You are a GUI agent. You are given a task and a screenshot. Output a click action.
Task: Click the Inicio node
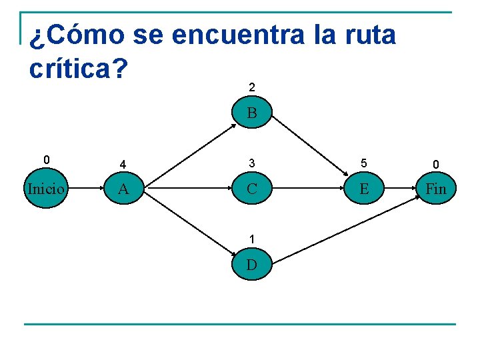(x=46, y=189)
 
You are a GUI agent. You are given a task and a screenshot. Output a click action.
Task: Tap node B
(x=251, y=113)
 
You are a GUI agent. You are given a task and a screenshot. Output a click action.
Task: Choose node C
(x=251, y=189)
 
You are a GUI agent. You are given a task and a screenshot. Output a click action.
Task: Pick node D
(x=251, y=265)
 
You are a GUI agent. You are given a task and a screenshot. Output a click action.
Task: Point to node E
(x=363, y=189)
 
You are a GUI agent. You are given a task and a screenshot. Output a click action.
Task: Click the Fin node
(x=435, y=189)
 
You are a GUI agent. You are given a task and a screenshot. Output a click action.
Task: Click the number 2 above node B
(x=251, y=87)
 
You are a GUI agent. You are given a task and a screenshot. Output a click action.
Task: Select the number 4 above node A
(x=123, y=163)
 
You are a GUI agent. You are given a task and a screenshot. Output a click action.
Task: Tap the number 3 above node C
(x=251, y=163)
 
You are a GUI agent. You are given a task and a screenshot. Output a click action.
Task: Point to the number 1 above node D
(x=251, y=239)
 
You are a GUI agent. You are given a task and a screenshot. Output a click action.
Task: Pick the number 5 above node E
(x=363, y=163)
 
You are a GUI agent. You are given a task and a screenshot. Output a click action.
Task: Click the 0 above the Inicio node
(x=45, y=160)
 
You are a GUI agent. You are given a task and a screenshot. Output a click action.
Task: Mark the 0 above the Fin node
(x=435, y=163)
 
